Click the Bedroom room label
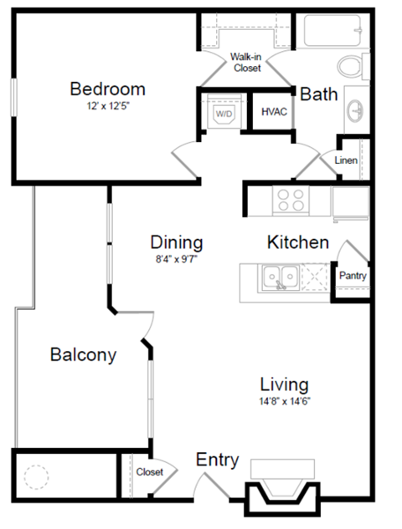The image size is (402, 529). click(x=107, y=89)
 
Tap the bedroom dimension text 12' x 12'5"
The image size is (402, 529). click(x=107, y=107)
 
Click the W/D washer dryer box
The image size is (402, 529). click(x=224, y=112)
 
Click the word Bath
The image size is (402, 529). click(x=319, y=94)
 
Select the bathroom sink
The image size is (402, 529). click(x=357, y=109)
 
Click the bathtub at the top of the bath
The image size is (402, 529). click(x=331, y=31)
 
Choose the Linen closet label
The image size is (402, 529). click(x=348, y=159)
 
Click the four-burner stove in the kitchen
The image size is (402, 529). click(x=291, y=201)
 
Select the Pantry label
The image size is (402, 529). click(x=353, y=276)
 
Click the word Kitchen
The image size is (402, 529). click(x=297, y=243)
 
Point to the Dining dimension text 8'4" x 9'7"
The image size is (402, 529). click(x=177, y=260)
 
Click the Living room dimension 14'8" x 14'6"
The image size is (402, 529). click(x=284, y=402)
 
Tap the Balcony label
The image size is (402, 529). click(x=83, y=354)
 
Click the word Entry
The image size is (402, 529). click(x=217, y=460)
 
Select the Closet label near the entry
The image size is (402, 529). click(x=150, y=472)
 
